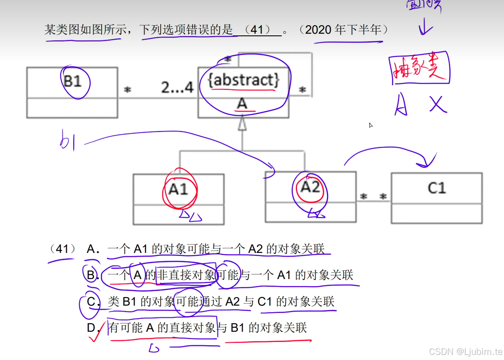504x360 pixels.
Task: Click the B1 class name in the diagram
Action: (72, 81)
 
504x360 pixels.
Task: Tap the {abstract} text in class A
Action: (244, 80)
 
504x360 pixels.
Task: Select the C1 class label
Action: (437, 188)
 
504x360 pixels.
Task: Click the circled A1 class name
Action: (178, 189)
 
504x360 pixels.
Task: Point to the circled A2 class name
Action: (310, 187)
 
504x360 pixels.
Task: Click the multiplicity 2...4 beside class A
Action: (177, 88)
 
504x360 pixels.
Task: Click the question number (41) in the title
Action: (260, 30)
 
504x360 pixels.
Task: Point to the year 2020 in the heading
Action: (318, 30)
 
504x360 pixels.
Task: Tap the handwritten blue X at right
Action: (438, 104)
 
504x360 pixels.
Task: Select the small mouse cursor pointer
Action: (370, 125)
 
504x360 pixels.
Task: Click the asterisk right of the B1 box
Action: (127, 91)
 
